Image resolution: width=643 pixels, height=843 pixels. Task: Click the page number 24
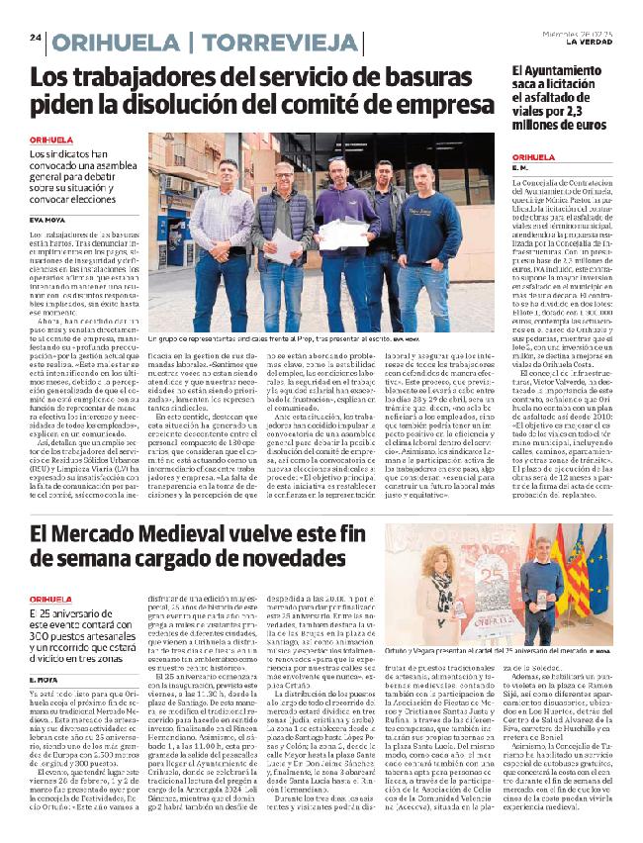[x=35, y=39]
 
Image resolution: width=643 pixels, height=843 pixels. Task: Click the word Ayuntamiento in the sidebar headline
[x=577, y=72]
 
